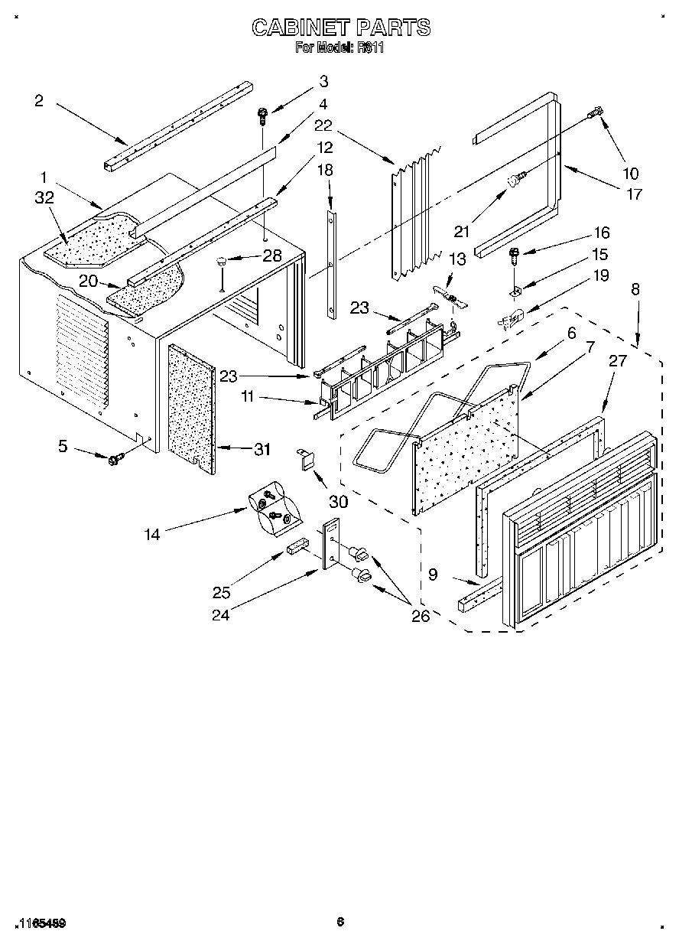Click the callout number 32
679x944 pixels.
click(44, 197)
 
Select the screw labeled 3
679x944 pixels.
click(262, 116)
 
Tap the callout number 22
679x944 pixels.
click(323, 125)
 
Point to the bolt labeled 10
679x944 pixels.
click(595, 115)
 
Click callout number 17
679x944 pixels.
click(634, 194)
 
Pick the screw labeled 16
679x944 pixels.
click(515, 252)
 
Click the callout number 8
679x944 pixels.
click(635, 289)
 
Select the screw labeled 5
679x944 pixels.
click(116, 458)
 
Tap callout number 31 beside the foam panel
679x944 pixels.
click(262, 450)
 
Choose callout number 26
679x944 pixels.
click(421, 617)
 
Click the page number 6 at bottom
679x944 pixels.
click(339, 922)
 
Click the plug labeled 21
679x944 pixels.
click(515, 181)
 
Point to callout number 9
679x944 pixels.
click(433, 574)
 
